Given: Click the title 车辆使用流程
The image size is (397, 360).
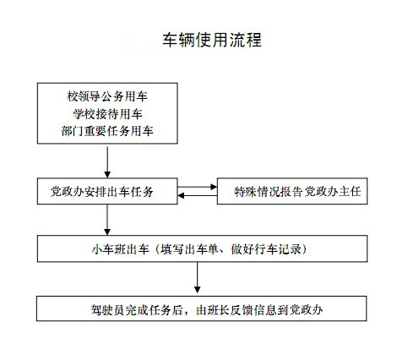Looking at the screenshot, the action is (212, 40).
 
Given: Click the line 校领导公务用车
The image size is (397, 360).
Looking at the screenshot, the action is (107, 96).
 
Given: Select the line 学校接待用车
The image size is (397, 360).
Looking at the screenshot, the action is (107, 114).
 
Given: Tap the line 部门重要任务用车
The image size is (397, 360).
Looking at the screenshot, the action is (107, 131).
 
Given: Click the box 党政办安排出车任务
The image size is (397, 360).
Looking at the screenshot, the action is (107, 191).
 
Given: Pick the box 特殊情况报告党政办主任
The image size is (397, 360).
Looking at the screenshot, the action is (292, 191).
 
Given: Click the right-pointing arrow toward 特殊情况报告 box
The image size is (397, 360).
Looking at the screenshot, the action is (198, 187).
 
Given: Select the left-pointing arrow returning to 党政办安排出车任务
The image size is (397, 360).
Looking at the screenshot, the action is (198, 195).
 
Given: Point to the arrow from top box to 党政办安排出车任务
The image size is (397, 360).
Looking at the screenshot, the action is (107, 162).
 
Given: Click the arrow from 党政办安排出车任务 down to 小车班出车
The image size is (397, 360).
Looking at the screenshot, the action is (107, 220).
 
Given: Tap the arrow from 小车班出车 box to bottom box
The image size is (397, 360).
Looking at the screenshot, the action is (198, 277).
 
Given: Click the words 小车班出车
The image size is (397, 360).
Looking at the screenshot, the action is (120, 249).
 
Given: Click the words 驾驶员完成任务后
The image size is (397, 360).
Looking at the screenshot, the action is (136, 310).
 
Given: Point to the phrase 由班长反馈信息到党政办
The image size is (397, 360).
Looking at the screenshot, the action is (259, 310).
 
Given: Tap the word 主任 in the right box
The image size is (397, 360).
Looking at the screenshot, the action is (350, 192).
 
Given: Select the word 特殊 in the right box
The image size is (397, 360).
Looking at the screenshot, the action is (246, 192).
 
